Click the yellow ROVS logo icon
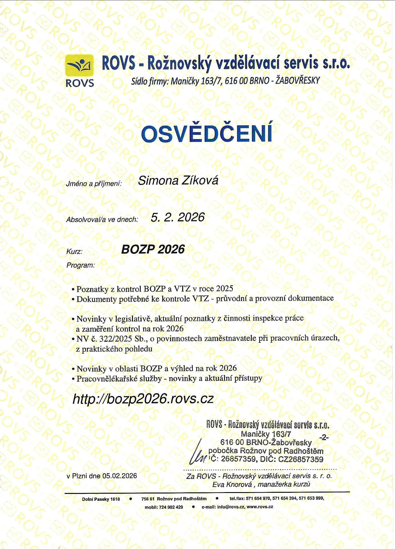pos(80,65)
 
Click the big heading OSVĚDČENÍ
pos(206,133)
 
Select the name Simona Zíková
pos(178,180)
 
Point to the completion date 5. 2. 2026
pos(178,217)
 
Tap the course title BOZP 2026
pos(153,249)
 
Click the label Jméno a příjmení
pos(94,184)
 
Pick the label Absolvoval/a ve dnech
pos(102,220)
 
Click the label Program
pos(80,265)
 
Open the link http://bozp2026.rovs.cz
pos(143,399)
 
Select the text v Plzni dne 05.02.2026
pos(102,476)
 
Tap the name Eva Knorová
pos(232,484)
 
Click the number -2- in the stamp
pos(324,437)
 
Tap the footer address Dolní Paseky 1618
pos(101,499)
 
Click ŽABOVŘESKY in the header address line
pos(297,81)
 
